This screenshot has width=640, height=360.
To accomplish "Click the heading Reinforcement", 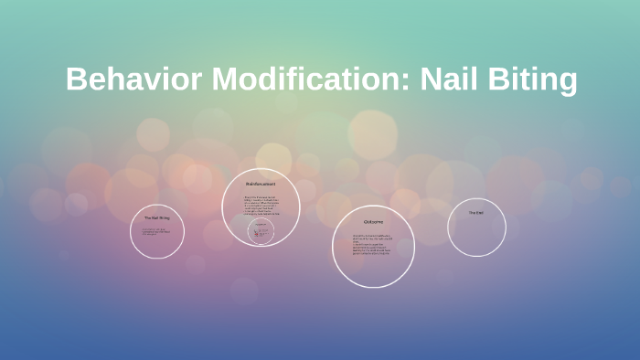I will tap(261, 185).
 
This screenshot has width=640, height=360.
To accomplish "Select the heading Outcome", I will tap(372, 222).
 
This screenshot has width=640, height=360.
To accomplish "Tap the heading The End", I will tap(476, 213).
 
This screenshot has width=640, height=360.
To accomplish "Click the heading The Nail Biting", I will tap(156, 217).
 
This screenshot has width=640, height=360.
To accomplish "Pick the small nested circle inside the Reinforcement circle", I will tap(261, 232).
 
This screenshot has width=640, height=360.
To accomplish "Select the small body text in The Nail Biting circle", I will tap(155, 231).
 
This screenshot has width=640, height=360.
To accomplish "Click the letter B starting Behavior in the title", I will tap(76, 79).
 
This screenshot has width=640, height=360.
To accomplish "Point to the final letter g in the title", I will tap(567, 83).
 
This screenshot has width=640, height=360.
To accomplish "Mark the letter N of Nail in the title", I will tap(432, 79).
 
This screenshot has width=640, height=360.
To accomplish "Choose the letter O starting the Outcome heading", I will tap(364, 222).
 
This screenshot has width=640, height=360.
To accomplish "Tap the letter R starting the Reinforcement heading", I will tap(247, 185).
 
